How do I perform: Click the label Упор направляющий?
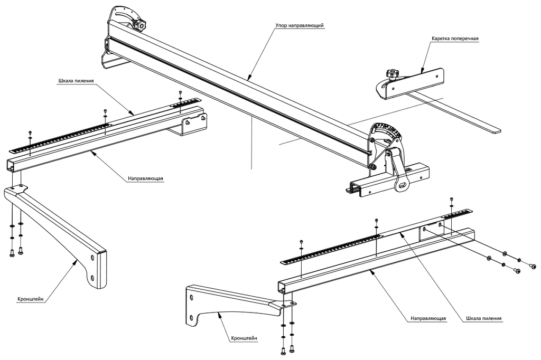click(x=299, y=25)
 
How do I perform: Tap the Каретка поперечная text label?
click(x=454, y=39)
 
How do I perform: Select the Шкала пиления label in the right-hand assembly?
click(x=484, y=318)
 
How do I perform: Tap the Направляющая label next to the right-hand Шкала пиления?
click(x=429, y=318)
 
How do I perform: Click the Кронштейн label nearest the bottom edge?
click(x=245, y=338)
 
